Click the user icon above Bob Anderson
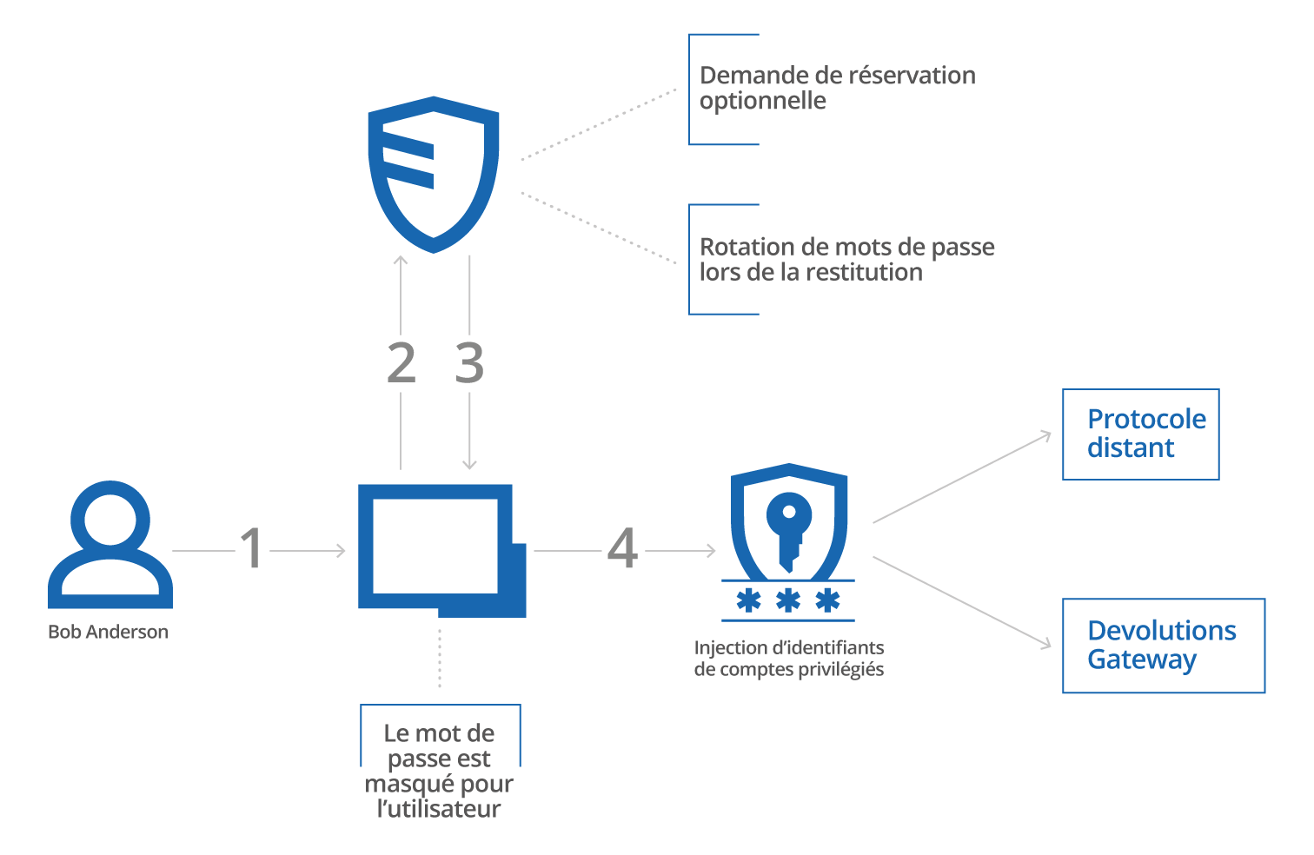pyautogui.click(x=110, y=545)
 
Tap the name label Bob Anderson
pyautogui.click(x=108, y=633)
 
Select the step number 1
pyautogui.click(x=251, y=549)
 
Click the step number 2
pyautogui.click(x=401, y=363)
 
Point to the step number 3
pyautogui.click(x=469, y=363)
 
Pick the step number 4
pyautogui.click(x=622, y=549)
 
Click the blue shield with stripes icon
pyautogui.click(x=434, y=174)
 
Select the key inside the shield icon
pyautogui.click(x=788, y=530)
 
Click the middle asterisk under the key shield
pyautogui.click(x=788, y=600)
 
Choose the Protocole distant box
pyautogui.click(x=1140, y=434)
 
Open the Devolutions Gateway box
pyautogui.click(x=1163, y=646)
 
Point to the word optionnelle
pyautogui.click(x=763, y=101)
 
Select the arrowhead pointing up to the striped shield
pyautogui.click(x=401, y=262)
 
